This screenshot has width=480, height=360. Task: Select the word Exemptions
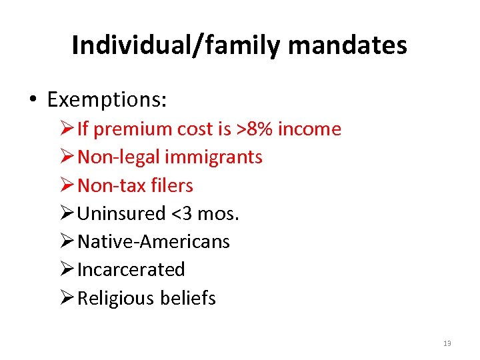point(107,100)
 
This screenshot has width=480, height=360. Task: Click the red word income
point(309,129)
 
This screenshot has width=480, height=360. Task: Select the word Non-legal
point(119,157)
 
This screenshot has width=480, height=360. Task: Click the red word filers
point(171,185)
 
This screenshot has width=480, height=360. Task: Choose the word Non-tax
point(111,185)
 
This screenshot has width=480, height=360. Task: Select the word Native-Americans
point(153,241)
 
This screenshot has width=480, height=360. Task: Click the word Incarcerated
point(131,269)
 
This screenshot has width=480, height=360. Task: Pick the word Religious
point(115,298)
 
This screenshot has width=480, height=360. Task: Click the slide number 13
point(447,343)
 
